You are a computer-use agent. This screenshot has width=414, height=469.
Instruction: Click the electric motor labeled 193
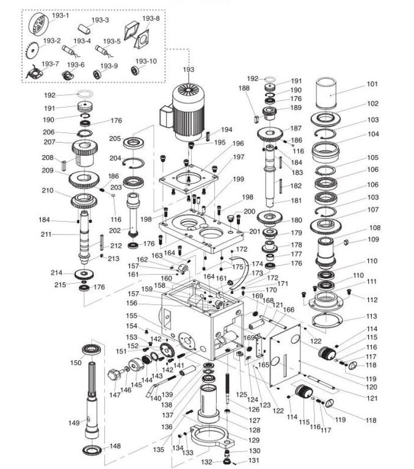[186, 110]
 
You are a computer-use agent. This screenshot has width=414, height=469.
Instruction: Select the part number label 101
[372, 84]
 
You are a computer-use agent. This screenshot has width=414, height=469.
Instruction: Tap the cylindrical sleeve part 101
[331, 96]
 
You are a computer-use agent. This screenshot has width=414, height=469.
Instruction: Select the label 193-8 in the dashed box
[151, 19]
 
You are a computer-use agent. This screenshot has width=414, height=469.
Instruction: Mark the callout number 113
[372, 317]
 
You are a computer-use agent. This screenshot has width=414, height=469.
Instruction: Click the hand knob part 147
[113, 374]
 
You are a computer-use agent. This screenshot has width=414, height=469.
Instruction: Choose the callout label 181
[296, 201]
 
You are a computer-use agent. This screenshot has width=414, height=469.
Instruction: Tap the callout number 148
[115, 446]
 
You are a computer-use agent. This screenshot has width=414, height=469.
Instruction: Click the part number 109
[372, 239]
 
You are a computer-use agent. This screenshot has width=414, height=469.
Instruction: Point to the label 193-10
[146, 61]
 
